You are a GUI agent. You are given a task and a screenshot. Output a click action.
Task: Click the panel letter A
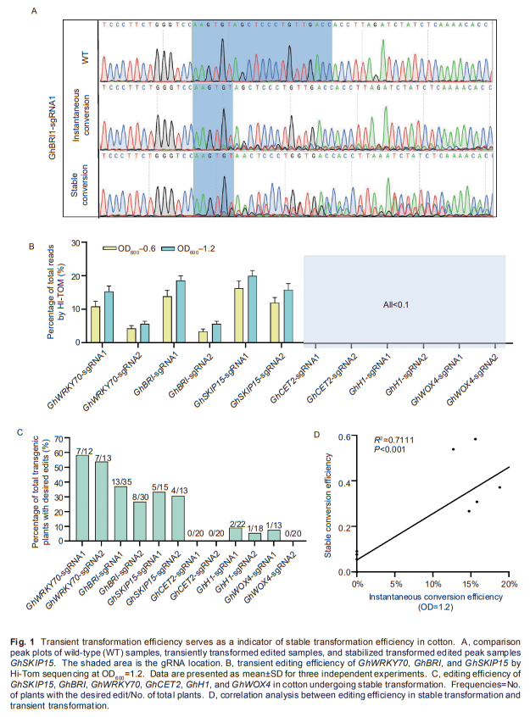coord(33,12)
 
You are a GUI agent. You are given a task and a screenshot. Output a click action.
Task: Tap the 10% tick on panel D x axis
coord(432,585)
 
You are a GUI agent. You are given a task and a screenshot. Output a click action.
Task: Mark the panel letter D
coord(316,434)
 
